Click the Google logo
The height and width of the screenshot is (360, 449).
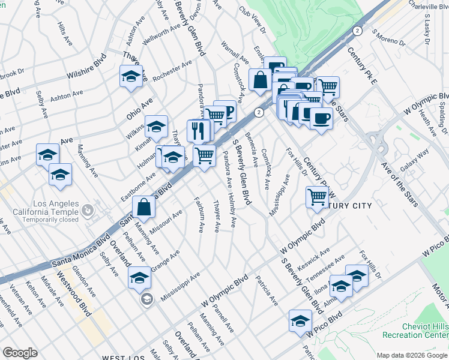(x=20, y=353)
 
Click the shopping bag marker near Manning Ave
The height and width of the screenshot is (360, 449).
(x=144, y=208)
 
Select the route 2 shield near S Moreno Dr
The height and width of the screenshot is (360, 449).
(x=358, y=30)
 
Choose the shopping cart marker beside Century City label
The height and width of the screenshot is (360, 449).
(x=317, y=196)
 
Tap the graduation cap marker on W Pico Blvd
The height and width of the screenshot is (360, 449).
(x=300, y=320)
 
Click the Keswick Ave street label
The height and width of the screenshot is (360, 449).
(x=318, y=258)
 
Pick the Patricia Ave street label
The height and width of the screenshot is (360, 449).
(x=266, y=289)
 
